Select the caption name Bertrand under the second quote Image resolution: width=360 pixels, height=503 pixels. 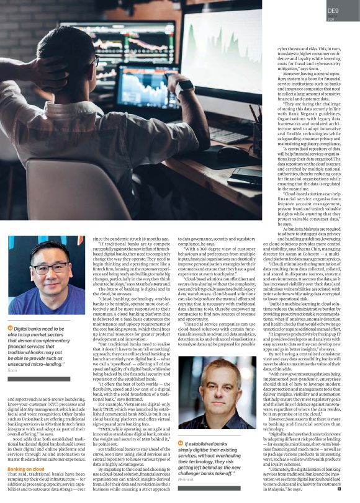[186, 480]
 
